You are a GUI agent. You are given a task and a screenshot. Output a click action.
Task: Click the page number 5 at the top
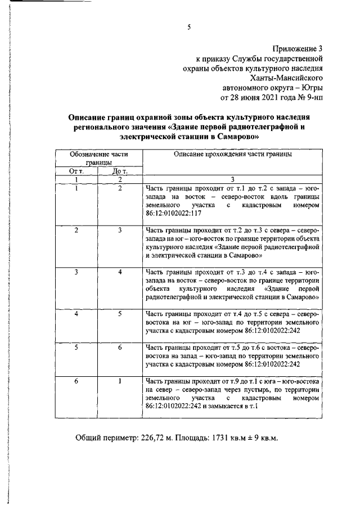point(190,26)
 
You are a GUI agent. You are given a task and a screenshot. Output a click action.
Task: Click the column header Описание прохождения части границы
point(232,154)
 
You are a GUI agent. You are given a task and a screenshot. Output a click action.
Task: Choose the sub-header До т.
point(120,171)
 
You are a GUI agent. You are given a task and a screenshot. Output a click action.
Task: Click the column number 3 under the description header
point(232,179)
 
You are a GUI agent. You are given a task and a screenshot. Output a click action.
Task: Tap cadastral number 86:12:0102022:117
point(169,214)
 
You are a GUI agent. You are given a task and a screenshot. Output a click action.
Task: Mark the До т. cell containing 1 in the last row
point(120,382)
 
